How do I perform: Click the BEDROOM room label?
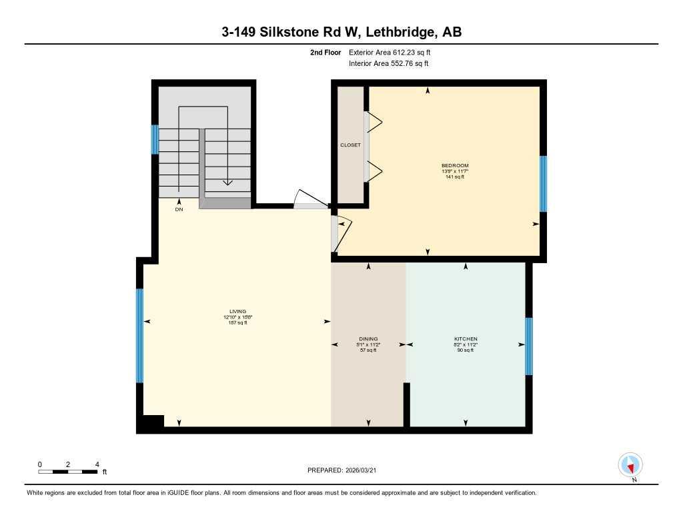pos(455,165)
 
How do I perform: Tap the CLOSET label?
pos(350,145)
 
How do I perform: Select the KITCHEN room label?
pos(466,338)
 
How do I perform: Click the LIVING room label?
pos(237,311)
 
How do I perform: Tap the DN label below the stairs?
pos(179,209)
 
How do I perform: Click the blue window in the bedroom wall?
pos(543,183)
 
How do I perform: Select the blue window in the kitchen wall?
pos(528,346)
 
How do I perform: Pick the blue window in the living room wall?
pos(139,336)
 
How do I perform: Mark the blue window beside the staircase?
pos(155,139)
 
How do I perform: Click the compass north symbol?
pos(630,465)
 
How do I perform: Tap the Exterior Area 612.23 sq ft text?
pos(394,52)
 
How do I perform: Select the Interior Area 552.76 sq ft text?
pos(388,64)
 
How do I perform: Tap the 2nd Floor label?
pos(325,52)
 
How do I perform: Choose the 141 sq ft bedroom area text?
pos(455,177)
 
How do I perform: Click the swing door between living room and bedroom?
pos(340,233)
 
